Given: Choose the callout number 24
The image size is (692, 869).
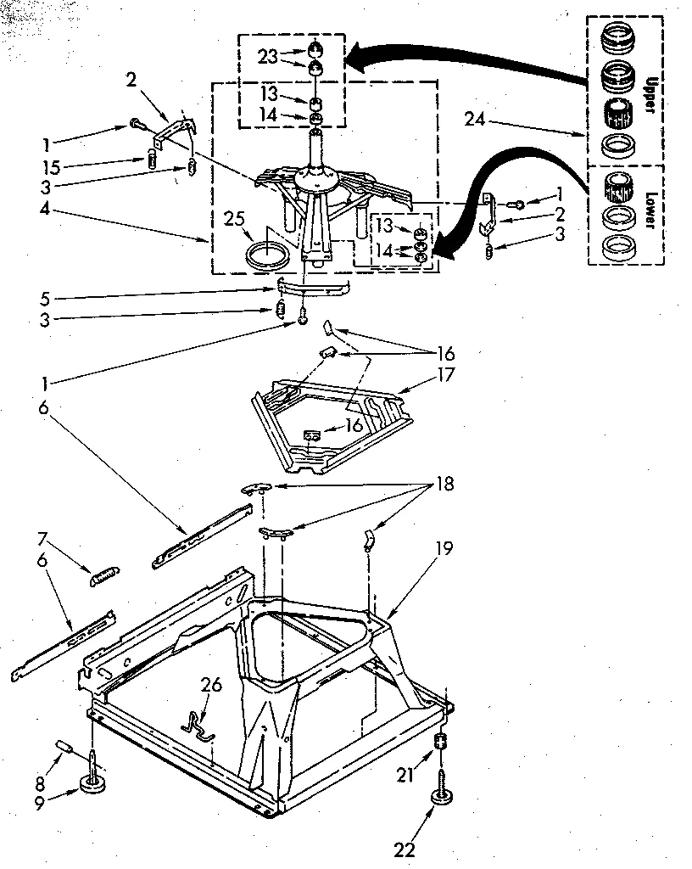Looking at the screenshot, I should (476, 120).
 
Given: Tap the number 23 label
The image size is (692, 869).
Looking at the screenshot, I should (267, 58).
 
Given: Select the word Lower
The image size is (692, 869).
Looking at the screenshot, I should (650, 207).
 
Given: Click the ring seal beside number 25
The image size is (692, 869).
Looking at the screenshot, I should (265, 253).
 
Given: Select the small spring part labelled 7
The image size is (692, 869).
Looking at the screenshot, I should (106, 576).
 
